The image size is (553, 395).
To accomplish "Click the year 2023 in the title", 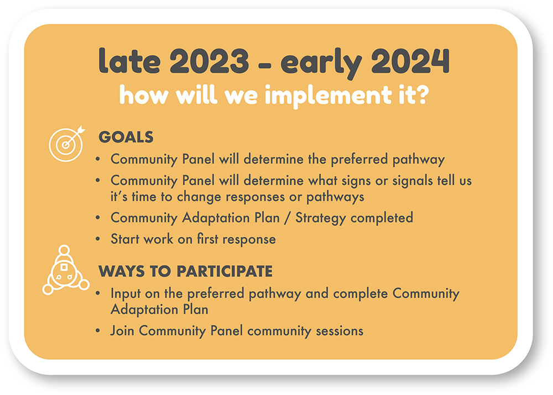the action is pos(209,61).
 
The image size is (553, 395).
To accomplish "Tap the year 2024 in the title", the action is pos(410,61).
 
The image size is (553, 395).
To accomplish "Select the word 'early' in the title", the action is pos(321,63).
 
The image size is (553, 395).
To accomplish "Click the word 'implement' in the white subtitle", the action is pos(328,96).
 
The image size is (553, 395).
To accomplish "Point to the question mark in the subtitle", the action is pos(422,94).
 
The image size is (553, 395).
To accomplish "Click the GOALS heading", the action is pos(126,137).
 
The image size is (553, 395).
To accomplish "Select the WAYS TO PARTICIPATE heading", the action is pos(185,271).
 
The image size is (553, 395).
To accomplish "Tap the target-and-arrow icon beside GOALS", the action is pos(67,144).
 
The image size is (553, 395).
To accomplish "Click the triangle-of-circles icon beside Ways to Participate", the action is pos(66,270).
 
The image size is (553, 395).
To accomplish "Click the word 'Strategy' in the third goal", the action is pos(320,218).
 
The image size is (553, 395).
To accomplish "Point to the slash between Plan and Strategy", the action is pos(288,218).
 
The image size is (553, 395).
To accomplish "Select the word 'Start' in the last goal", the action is pos(125,239).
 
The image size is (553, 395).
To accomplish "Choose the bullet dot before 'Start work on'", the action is pos(98,239).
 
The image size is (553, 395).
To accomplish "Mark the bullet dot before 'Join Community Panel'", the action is pos(98,331).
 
